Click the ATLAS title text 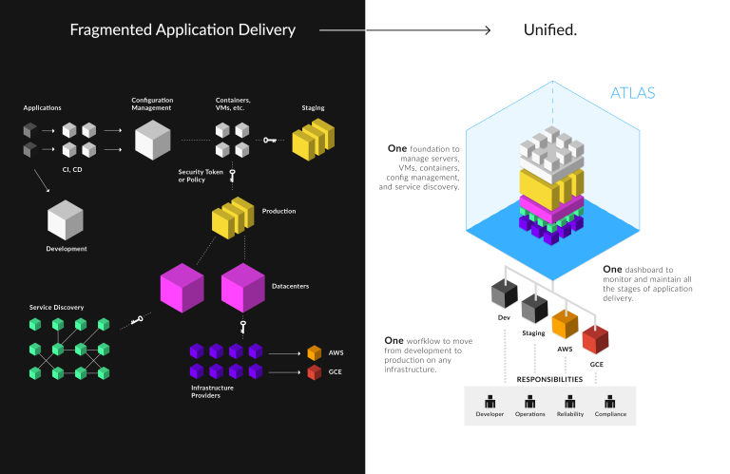633,93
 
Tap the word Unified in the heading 550,29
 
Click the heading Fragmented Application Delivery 182,29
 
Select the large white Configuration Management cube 152,139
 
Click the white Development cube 66,220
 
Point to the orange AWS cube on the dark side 315,352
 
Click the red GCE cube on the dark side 315,371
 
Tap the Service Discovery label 57,307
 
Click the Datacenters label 290,284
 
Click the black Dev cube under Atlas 504,295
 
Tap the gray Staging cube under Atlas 534,309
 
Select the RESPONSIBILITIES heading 550,379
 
